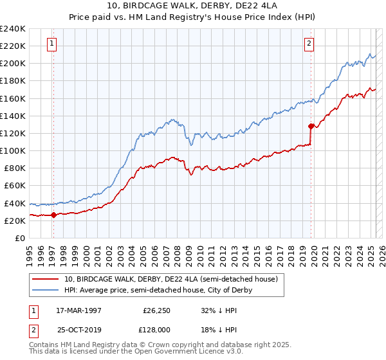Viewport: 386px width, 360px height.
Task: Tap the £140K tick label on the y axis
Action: [x=13, y=116]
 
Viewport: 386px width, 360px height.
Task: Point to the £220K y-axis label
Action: [x=13, y=46]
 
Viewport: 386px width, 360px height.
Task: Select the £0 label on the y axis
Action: [x=19, y=238]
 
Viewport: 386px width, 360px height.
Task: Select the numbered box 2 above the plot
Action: [x=309, y=44]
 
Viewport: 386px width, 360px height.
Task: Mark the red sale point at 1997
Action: [x=53, y=215]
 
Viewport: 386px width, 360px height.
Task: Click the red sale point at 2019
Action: [x=311, y=126]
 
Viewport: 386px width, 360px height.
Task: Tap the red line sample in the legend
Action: [x=46, y=279]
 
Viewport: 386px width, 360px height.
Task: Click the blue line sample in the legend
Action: [x=46, y=290]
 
